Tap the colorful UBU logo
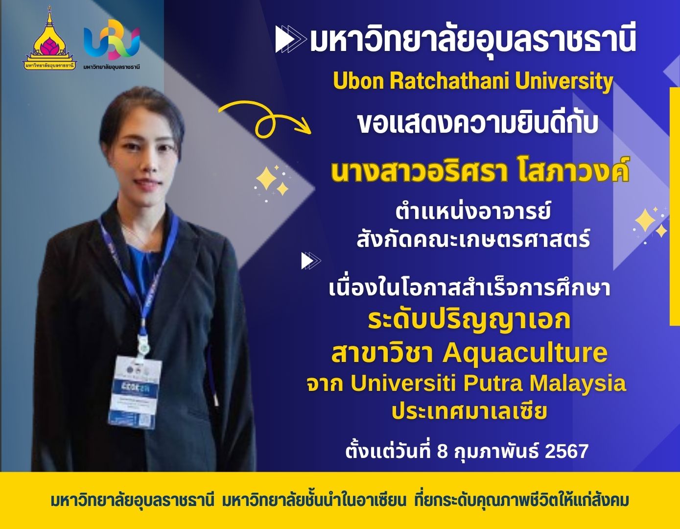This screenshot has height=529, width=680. coord(112,40)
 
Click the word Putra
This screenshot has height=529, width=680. coord(493,383)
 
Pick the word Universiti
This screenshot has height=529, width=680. coord(403,383)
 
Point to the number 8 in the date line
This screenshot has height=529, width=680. coord(442,452)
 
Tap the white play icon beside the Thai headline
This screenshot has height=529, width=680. coord(291,39)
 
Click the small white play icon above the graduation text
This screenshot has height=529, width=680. coord(311,261)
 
